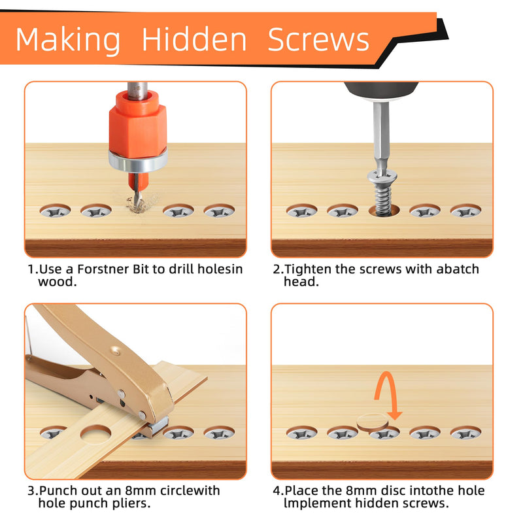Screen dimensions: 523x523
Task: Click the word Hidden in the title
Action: (194, 39)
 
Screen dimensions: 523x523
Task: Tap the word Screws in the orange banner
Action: (318, 39)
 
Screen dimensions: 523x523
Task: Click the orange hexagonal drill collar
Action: (138, 124)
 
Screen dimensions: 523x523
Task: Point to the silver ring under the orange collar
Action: (138, 161)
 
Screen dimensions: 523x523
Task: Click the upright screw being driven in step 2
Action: (382, 192)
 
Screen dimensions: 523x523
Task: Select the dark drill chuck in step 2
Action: (381, 90)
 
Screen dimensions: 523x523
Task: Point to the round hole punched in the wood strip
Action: (95, 434)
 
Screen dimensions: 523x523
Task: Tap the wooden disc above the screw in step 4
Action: (373, 422)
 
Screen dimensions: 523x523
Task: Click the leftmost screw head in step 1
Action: (55, 211)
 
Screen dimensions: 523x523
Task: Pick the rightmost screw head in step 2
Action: (465, 211)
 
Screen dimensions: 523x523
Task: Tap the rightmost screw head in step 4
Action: (465, 433)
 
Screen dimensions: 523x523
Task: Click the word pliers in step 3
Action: (131, 503)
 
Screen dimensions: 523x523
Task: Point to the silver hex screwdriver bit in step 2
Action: (381, 137)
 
